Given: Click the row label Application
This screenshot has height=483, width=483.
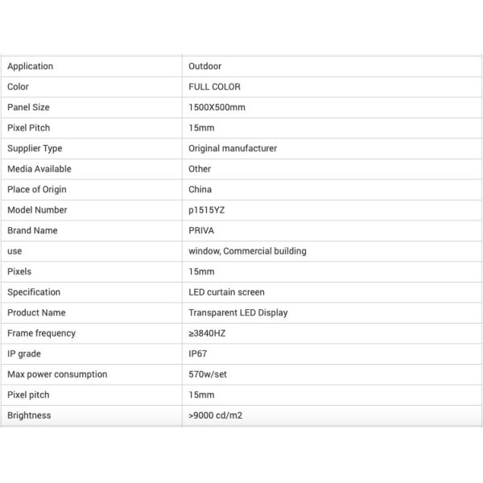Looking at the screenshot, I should click(30, 66).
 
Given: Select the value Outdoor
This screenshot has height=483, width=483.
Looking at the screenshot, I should click(204, 66).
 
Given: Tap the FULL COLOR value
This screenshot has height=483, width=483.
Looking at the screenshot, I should click(214, 87).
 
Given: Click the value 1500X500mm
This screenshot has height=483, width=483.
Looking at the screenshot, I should click(217, 107).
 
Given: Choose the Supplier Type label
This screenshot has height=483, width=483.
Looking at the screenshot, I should click(35, 148).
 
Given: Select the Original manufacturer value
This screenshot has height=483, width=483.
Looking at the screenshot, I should click(233, 148).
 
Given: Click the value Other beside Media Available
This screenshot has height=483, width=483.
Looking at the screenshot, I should click(200, 169).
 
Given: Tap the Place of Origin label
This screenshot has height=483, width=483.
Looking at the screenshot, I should click(37, 189).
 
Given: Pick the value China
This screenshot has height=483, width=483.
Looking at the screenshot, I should click(200, 189).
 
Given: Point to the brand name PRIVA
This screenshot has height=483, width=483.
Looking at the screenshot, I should click(201, 230).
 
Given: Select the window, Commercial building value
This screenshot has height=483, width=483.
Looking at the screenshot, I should click(247, 251).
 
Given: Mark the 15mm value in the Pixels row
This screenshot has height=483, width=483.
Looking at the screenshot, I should click(201, 271).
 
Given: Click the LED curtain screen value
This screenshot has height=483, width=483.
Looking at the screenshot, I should click(226, 292).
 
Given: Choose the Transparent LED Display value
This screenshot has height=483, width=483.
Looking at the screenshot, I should click(237, 312).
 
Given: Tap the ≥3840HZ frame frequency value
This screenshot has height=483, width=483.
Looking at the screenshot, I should click(208, 333).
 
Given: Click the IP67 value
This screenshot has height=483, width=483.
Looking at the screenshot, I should click(198, 353).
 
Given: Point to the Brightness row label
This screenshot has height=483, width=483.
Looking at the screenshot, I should click(29, 415).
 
